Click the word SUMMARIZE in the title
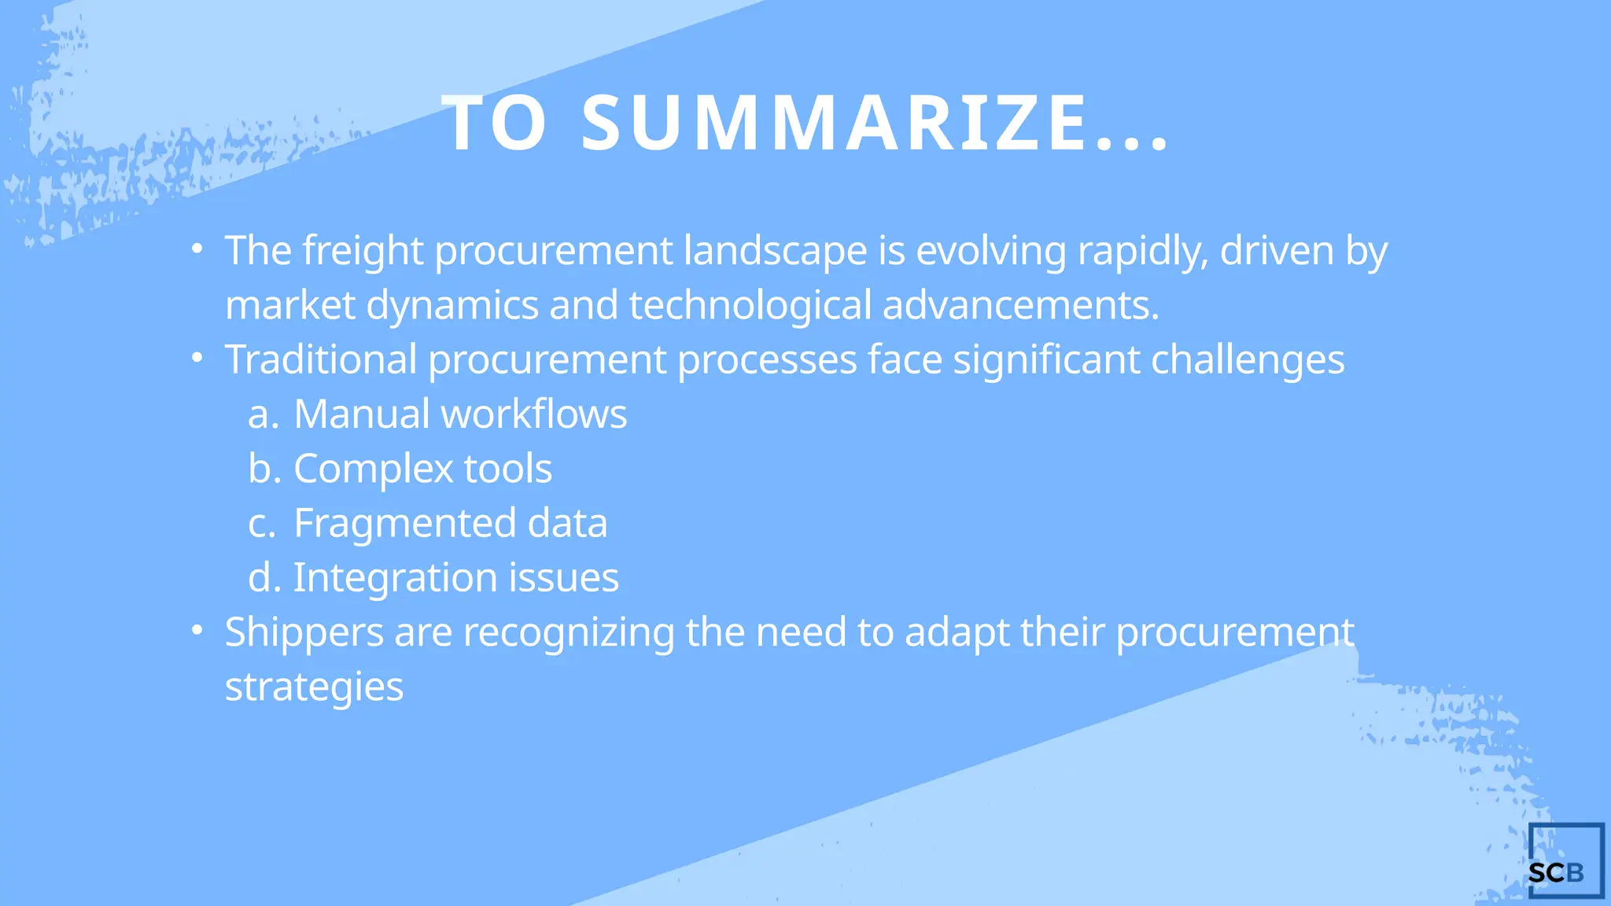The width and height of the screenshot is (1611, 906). tap(834, 123)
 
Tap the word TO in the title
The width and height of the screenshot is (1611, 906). tap(495, 123)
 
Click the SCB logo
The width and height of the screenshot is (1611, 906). tap(1565, 861)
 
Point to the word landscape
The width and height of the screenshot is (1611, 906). tap(775, 252)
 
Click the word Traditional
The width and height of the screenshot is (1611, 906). tap(320, 360)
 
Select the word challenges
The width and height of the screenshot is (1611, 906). tap(1248, 360)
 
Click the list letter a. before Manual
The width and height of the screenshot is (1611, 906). tap(263, 414)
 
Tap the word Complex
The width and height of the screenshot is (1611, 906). tap(373, 469)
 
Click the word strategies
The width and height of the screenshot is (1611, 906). tap(314, 687)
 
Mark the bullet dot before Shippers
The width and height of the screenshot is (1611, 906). tap(197, 630)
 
